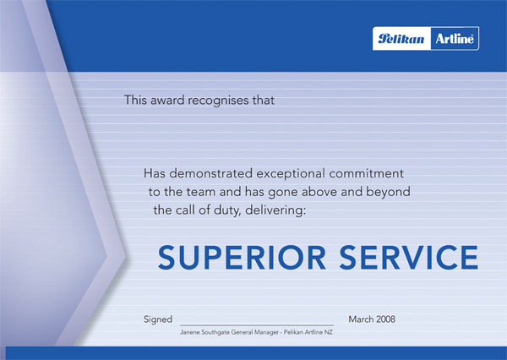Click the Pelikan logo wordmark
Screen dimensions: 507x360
(401, 39)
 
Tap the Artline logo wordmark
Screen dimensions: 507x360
(455, 39)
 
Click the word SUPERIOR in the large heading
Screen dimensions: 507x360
(242, 258)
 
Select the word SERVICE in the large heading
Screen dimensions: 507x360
(409, 258)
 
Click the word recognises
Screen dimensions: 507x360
(218, 101)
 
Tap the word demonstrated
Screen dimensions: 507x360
(210, 173)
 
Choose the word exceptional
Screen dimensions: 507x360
(291, 174)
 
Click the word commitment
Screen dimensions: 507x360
(367, 173)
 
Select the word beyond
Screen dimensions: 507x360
(388, 193)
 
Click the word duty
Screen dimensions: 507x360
(227, 211)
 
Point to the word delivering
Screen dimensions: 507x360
(275, 211)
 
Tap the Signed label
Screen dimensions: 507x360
(158, 320)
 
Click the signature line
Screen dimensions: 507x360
(257, 325)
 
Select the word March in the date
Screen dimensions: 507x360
(361, 319)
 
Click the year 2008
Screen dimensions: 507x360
(386, 319)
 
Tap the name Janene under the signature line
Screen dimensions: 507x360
(190, 332)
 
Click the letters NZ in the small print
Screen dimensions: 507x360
(329, 332)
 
